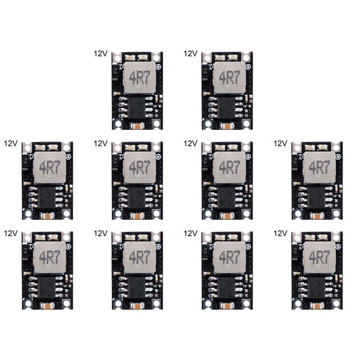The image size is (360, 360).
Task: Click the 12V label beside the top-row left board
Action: tap(101, 53)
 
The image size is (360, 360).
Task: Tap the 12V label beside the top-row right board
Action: tap(191, 53)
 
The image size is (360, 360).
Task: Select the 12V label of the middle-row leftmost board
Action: tap(11, 143)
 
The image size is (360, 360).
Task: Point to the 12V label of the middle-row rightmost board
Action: tap(280, 143)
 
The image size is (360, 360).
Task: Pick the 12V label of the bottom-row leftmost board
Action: tap(11, 233)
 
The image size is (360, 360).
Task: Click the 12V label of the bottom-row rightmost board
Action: tap(280, 233)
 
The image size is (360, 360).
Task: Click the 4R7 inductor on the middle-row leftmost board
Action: tap(48, 167)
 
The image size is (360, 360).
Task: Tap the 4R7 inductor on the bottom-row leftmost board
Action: tap(48, 256)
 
